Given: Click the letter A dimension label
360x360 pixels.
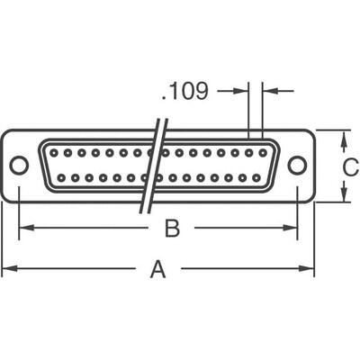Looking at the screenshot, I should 157,268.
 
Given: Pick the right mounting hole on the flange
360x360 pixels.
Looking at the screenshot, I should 297,165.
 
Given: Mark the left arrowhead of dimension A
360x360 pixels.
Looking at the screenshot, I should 4,268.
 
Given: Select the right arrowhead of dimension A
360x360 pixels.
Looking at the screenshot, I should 310,268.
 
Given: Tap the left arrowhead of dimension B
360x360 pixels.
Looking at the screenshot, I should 22,228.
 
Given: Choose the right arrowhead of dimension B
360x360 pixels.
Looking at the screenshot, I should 292,228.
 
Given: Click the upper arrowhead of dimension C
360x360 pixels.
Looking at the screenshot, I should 345,134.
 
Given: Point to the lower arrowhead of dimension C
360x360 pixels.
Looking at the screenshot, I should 345,197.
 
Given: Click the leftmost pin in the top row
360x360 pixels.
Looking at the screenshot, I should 51,153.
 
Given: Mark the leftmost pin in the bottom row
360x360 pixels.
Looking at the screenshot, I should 59,177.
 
